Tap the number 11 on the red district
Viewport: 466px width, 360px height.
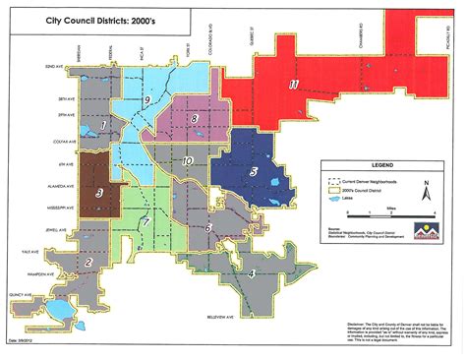coord(294,85)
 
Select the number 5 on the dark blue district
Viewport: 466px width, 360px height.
coord(255,172)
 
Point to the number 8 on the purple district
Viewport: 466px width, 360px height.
coord(195,119)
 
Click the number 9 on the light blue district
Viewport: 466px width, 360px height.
coord(146,100)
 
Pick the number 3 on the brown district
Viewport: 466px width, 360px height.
coord(100,193)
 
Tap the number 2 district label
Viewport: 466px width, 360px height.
coord(89,263)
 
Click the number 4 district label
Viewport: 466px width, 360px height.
coord(252,272)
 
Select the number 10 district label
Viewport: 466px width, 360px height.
coord(187,160)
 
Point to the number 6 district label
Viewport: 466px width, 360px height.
coord(207,228)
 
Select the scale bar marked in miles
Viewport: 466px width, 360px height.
coord(405,213)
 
